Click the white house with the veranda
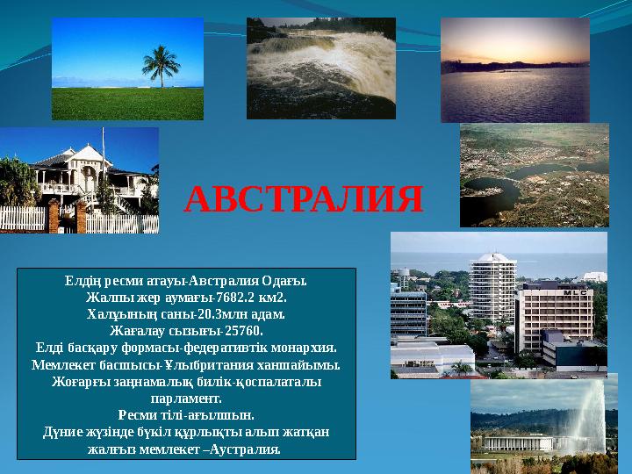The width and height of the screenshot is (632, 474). click(88, 176)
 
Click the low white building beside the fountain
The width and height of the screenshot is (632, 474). click(519, 442)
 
